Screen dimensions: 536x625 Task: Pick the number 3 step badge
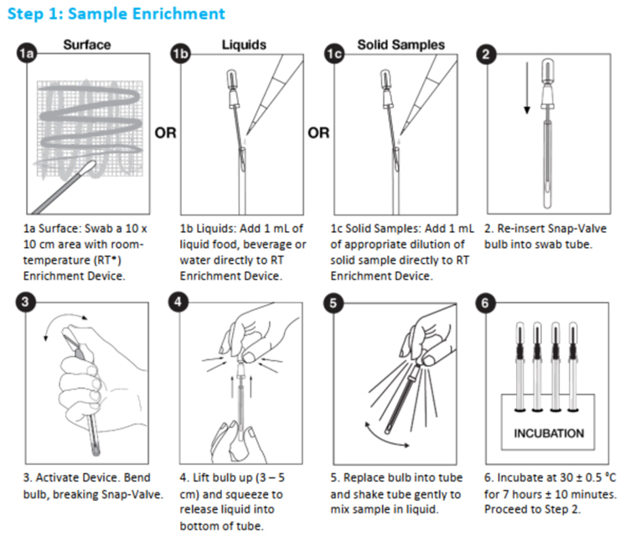pyautogui.click(x=27, y=303)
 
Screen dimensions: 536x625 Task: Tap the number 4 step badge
pyautogui.click(x=180, y=303)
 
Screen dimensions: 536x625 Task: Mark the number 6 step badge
pyautogui.click(x=486, y=303)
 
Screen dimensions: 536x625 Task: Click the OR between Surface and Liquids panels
pyautogui.click(x=166, y=133)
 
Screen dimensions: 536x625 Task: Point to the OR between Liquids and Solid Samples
pyautogui.click(x=319, y=133)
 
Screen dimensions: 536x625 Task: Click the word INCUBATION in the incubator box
pyautogui.click(x=549, y=434)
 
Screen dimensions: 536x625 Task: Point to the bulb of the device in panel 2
pyautogui.click(x=549, y=73)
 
